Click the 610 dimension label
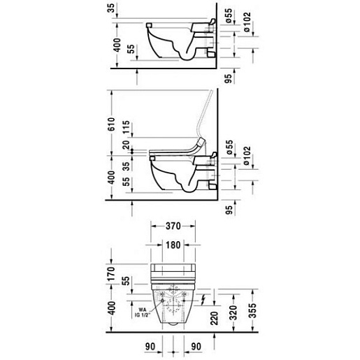tap(112, 124)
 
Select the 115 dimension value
tap(126, 127)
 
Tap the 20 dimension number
tap(126, 145)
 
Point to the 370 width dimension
tap(173, 226)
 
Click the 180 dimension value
tap(173, 245)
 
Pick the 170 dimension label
tap(112, 274)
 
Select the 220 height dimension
tap(214, 318)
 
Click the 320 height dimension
tap(233, 312)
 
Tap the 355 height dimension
tap(252, 310)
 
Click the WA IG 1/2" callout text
tap(143, 312)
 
